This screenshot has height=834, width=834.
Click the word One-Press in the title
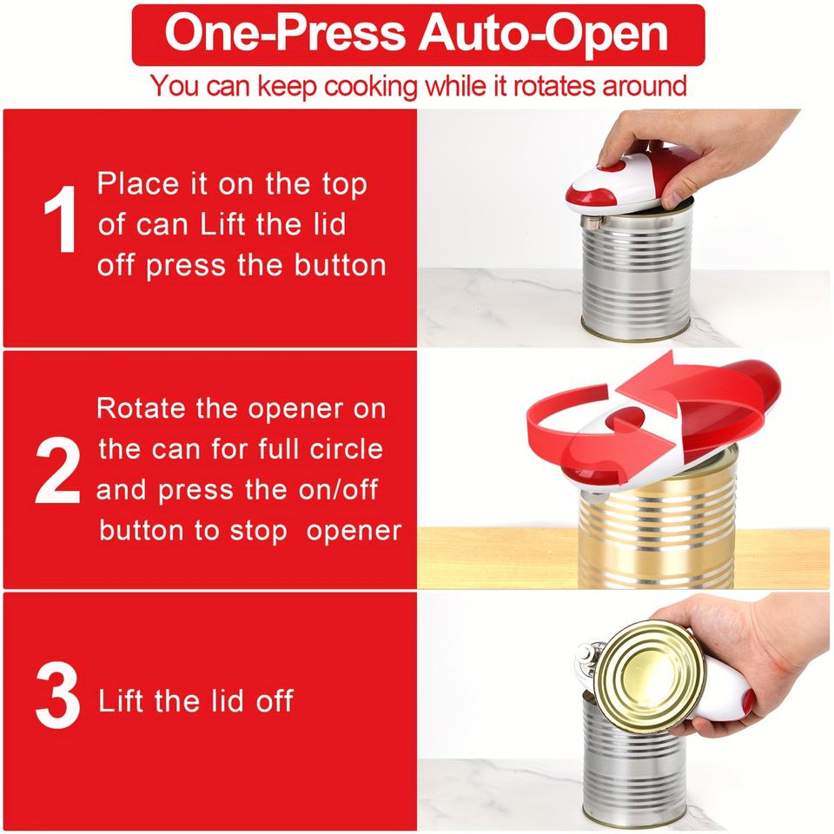coord(285,34)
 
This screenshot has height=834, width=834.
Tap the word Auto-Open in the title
coord(543,35)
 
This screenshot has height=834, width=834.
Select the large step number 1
coord(60,219)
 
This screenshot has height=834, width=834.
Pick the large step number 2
coord(57,470)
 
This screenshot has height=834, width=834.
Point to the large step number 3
coord(57,696)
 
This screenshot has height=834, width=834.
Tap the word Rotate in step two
coord(142,408)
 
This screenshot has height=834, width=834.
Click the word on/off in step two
coord(338,489)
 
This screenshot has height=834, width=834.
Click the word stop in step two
coord(259,532)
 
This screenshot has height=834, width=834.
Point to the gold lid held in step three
coord(650,677)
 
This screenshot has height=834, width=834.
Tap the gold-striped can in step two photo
coord(658,524)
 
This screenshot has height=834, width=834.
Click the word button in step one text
coord(341,265)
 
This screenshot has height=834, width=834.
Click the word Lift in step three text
coord(122,700)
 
